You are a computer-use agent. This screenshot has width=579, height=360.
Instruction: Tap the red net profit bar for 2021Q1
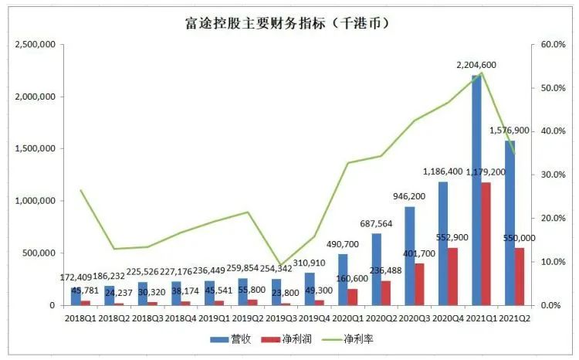coord(486,243)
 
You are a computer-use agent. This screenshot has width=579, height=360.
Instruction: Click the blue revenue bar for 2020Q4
coord(443,243)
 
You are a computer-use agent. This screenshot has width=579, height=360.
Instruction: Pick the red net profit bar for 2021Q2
coord(520,276)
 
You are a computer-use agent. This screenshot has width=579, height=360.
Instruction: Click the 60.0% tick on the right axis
coord(552,45)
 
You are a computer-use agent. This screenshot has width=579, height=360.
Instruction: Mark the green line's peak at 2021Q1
coord(481,73)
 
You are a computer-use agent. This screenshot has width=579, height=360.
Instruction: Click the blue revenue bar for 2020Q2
coord(376,269)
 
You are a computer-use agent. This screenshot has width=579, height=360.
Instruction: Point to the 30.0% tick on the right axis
coord(552,175)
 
